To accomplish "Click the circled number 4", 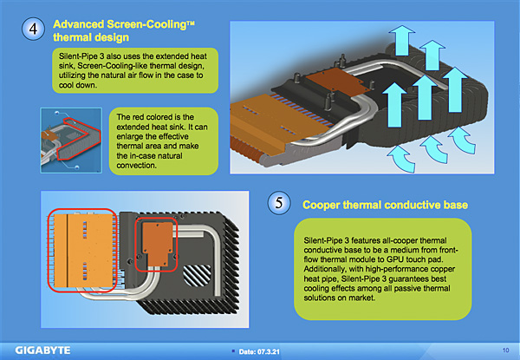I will click(x=31, y=29).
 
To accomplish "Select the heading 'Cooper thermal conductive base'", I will click(x=386, y=205).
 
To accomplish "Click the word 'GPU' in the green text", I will click(x=384, y=258).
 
